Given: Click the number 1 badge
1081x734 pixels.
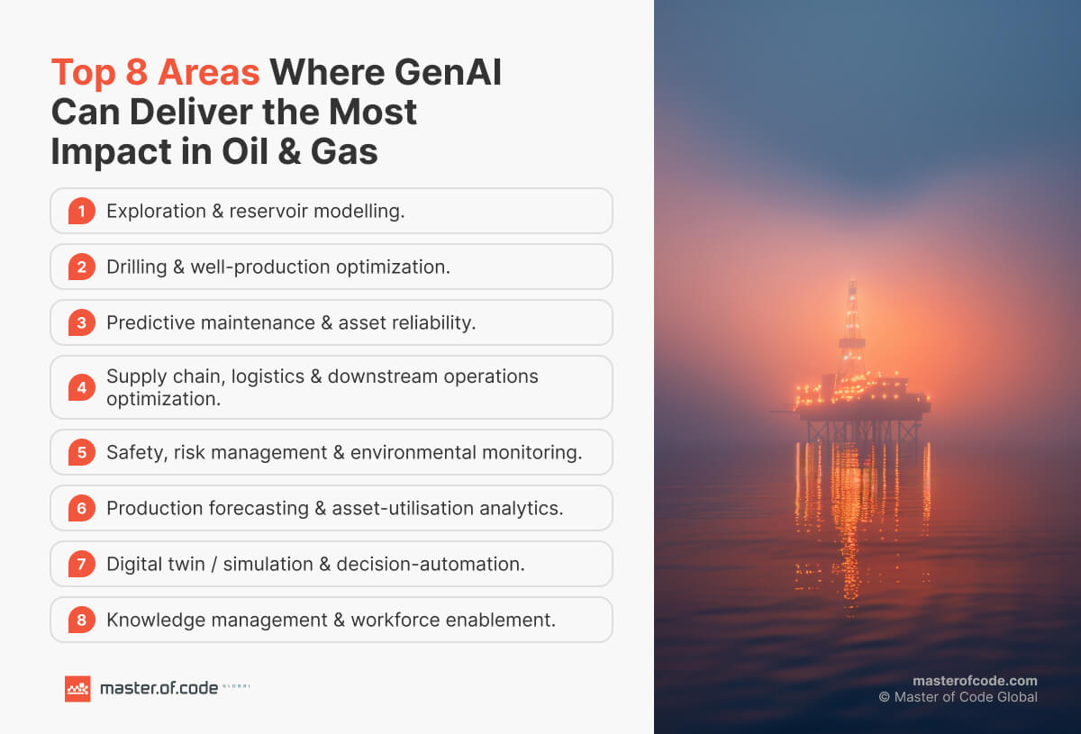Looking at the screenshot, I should [81, 211].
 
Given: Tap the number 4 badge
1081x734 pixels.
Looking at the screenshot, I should [81, 387].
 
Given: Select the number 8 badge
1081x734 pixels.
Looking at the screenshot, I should [81, 620].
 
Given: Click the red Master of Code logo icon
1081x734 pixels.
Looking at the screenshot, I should [77, 688].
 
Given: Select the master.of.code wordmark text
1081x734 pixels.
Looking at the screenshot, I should [159, 688].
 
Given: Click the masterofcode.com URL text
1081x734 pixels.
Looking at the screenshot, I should [975, 681].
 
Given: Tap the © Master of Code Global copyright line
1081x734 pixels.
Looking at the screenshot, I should [958, 697].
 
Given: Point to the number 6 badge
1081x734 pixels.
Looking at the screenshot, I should [81, 508].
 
